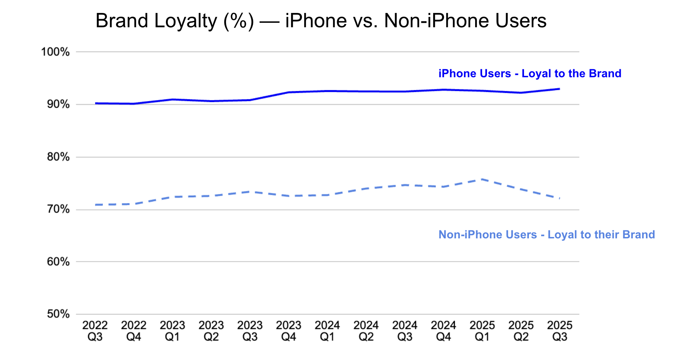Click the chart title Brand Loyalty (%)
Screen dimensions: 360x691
click(321, 21)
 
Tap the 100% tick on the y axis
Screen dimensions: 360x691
click(56, 52)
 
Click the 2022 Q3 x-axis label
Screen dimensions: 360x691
click(95, 331)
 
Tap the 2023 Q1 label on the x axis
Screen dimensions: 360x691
click(172, 331)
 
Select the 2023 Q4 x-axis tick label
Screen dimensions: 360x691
click(289, 331)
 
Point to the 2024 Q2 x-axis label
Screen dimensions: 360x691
click(366, 331)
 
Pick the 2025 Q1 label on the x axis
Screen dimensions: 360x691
click(482, 331)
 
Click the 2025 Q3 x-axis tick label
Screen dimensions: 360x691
click(560, 331)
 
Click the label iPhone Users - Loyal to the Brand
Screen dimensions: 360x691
click(530, 74)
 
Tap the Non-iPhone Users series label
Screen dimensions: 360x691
click(546, 235)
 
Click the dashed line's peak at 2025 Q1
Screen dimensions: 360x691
click(482, 179)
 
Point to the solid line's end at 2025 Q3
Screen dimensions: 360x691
click(559, 89)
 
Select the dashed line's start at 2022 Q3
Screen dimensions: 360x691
click(95, 205)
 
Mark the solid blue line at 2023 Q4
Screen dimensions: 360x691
click(289, 92)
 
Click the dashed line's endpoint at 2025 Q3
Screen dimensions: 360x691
click(559, 198)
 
